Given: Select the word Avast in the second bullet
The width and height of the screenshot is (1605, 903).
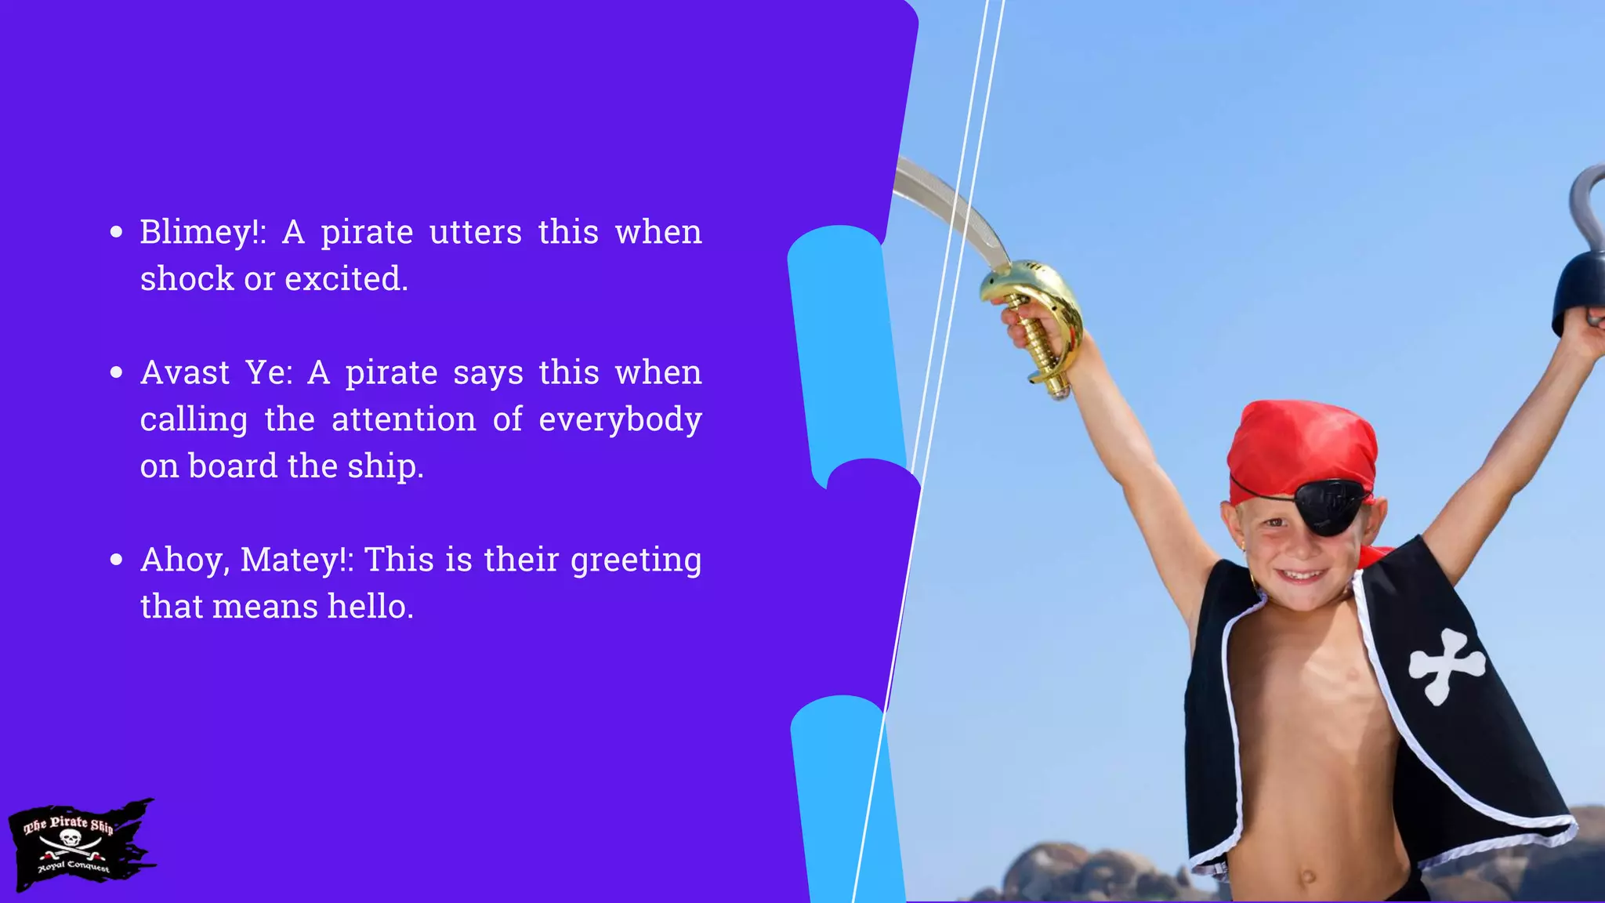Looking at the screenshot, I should pos(185,373).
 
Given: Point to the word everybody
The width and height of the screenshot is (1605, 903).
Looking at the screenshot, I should pos(620,420).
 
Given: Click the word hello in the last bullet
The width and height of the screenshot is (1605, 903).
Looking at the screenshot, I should pos(369,607).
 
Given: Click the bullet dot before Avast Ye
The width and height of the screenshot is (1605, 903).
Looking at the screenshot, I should pos(117,372).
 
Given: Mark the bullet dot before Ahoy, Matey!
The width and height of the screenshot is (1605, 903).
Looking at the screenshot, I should pos(117,560).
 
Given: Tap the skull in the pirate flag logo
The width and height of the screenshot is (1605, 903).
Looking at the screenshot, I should pos(71,840).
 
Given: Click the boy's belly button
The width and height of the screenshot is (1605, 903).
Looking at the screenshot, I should pos(1307,876).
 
